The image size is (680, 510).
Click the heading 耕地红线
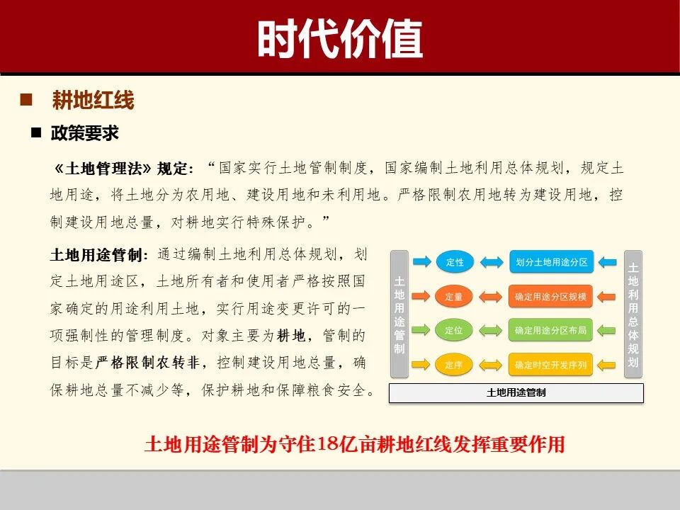tap(93, 101)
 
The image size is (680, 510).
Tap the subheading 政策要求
tap(84, 133)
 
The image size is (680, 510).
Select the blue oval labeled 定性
tap(455, 262)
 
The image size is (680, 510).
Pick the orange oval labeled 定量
tap(454, 297)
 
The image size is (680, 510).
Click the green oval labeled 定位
tap(454, 331)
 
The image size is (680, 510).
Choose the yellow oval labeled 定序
tap(454, 365)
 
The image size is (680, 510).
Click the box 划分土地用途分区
tap(550, 262)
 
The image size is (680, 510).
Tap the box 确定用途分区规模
tap(550, 297)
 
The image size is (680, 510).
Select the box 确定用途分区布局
tap(550, 331)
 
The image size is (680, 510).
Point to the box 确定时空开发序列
tap(550, 365)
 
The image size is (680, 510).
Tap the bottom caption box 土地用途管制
tap(516, 392)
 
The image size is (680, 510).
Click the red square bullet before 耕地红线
tap(27, 100)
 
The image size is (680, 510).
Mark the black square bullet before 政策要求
tap(35, 132)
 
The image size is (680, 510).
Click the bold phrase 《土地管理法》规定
tap(123, 169)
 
